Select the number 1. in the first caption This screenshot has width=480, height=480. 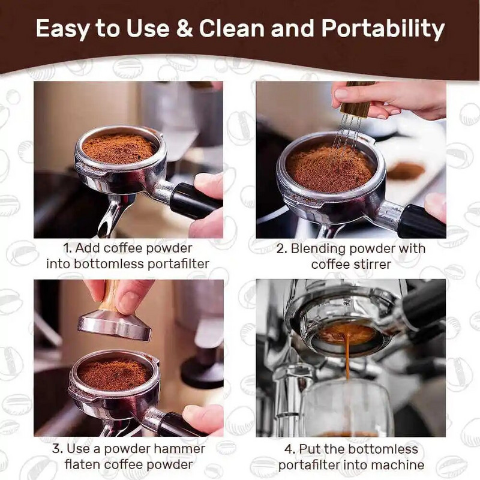68,248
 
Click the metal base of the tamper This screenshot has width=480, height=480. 114,325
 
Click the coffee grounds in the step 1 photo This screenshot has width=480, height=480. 118,147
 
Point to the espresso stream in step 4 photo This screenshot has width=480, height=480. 347,360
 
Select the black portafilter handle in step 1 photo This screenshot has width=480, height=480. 192,200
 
